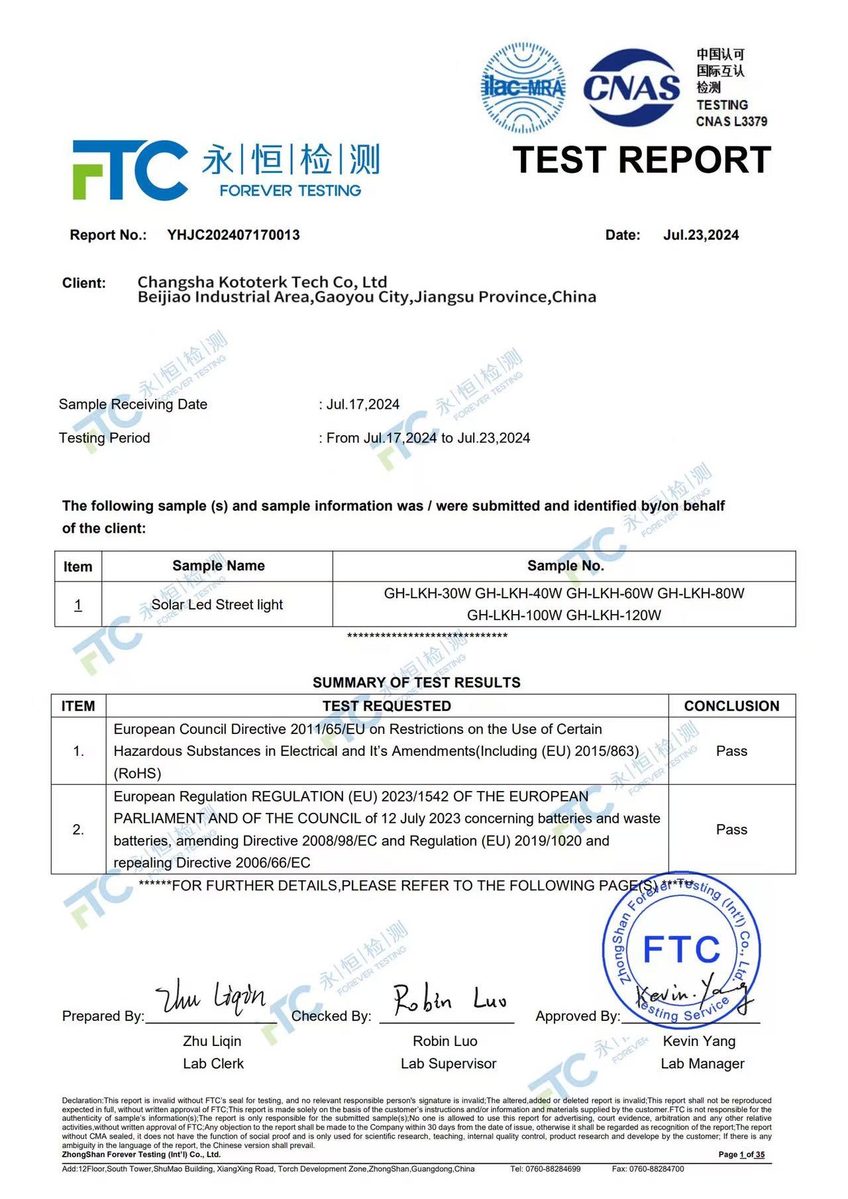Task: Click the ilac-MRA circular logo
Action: click(523, 87)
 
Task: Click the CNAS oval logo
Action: click(631, 87)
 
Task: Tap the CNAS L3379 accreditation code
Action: click(731, 121)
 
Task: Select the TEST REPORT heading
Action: click(641, 160)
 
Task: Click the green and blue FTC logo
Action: click(129, 170)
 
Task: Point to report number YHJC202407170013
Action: click(233, 235)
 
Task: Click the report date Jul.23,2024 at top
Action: click(700, 235)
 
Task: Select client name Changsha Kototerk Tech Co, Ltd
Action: click(262, 282)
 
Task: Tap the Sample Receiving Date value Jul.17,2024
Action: click(362, 405)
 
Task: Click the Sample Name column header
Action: click(218, 566)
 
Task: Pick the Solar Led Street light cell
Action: click(217, 605)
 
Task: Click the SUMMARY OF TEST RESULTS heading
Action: click(416, 682)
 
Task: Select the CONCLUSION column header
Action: click(731, 706)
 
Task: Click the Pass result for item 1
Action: click(731, 751)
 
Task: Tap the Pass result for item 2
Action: click(731, 829)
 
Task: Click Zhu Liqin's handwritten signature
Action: click(211, 996)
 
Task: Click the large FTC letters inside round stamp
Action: click(681, 949)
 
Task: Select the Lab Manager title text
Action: click(702, 1064)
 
